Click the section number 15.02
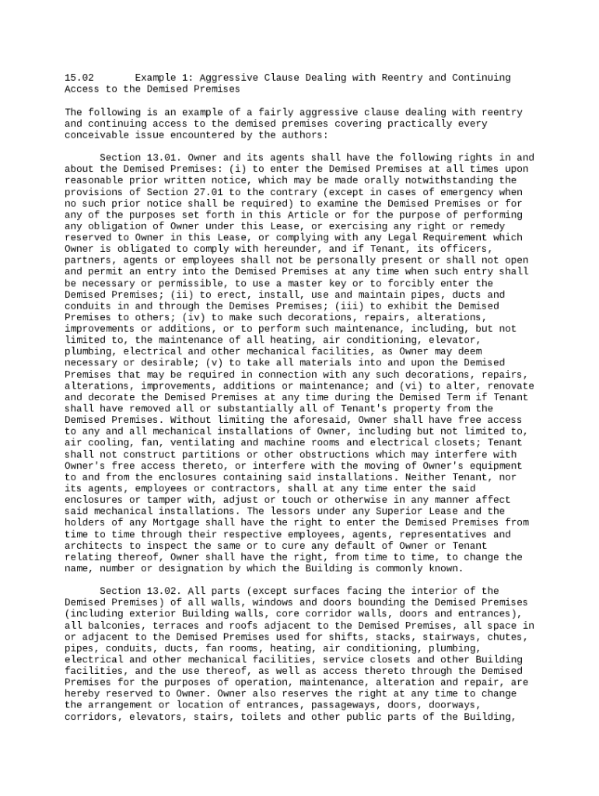(79, 78)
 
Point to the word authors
(299, 135)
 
